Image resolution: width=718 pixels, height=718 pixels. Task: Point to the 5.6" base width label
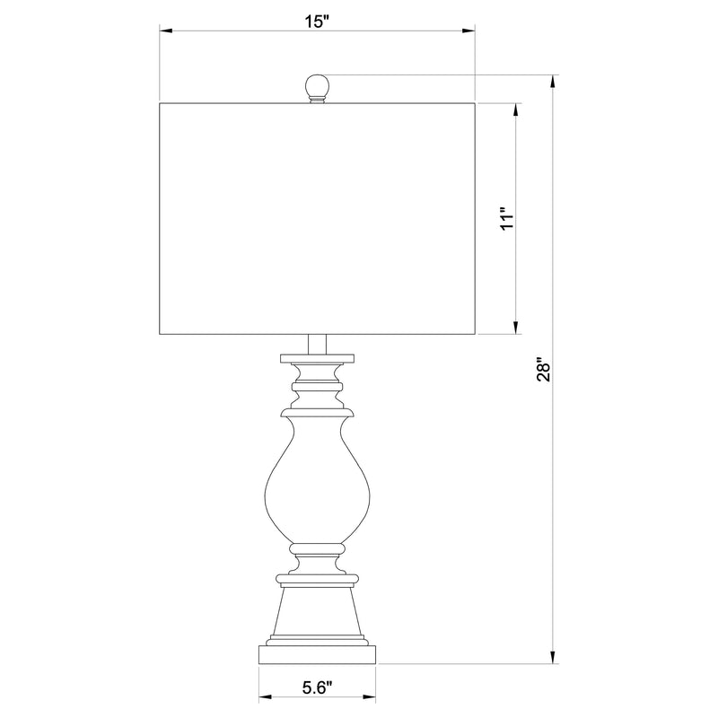317,688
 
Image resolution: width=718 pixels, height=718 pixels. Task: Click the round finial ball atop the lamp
317,87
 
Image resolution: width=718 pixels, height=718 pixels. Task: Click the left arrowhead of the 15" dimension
166,32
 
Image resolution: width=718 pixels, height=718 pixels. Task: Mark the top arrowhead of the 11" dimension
517,108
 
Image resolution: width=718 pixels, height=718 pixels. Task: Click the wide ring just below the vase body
317,547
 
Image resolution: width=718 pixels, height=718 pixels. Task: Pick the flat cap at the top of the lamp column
317,359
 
